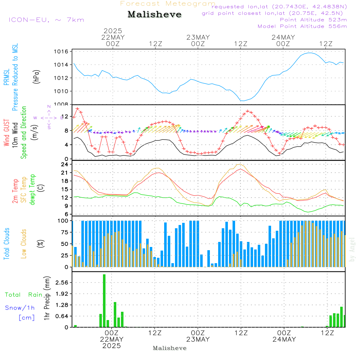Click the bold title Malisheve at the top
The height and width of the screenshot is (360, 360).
click(x=154, y=14)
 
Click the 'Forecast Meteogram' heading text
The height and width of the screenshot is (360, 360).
click(x=168, y=4)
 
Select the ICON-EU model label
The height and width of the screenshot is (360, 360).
click(x=46, y=20)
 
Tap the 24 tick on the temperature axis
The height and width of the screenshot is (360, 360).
click(x=65, y=165)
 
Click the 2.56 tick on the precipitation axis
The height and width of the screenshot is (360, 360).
click(x=63, y=283)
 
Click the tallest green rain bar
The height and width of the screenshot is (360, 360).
click(x=104, y=301)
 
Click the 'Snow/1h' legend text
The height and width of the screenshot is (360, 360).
click(x=20, y=308)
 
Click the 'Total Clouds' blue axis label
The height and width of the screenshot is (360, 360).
click(x=6, y=244)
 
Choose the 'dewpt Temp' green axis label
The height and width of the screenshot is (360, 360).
click(x=32, y=190)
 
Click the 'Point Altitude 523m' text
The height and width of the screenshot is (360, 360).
click(x=313, y=20)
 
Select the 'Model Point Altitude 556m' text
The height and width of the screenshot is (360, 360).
click(x=302, y=26)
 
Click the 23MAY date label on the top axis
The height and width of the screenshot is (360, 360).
click(x=198, y=37)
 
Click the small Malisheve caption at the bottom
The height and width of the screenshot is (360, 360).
click(x=170, y=348)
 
